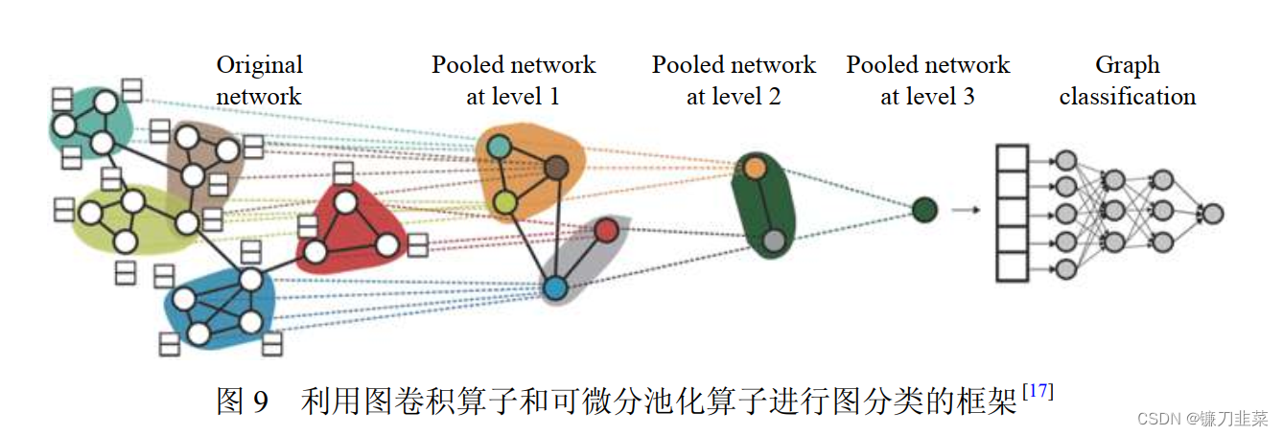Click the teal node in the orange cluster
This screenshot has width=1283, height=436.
click(x=499, y=146)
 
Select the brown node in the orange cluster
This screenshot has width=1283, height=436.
click(x=557, y=169)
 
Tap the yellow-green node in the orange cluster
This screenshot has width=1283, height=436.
click(x=505, y=202)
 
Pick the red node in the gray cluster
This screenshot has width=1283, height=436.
click(x=605, y=230)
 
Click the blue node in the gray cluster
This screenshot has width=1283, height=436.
click(x=554, y=287)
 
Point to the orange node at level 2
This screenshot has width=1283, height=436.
click(x=755, y=168)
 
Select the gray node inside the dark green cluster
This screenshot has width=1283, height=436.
click(x=775, y=242)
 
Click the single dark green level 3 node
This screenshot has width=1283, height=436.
click(x=923, y=209)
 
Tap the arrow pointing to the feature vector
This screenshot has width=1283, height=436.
click(x=967, y=209)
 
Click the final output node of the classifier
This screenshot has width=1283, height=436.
click(x=1213, y=213)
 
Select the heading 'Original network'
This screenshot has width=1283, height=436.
click(x=259, y=80)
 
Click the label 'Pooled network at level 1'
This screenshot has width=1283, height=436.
click(x=513, y=80)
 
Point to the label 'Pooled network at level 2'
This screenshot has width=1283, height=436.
click(x=734, y=80)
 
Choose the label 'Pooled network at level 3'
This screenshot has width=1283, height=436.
click(x=927, y=80)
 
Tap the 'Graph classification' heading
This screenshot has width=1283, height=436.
click(x=1128, y=80)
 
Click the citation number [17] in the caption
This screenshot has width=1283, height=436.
click(x=1038, y=391)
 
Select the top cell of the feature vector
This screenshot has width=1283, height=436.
click(x=1012, y=158)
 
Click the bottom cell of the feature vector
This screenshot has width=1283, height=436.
click(x=1012, y=265)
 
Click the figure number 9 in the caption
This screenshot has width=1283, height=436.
click(x=261, y=402)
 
